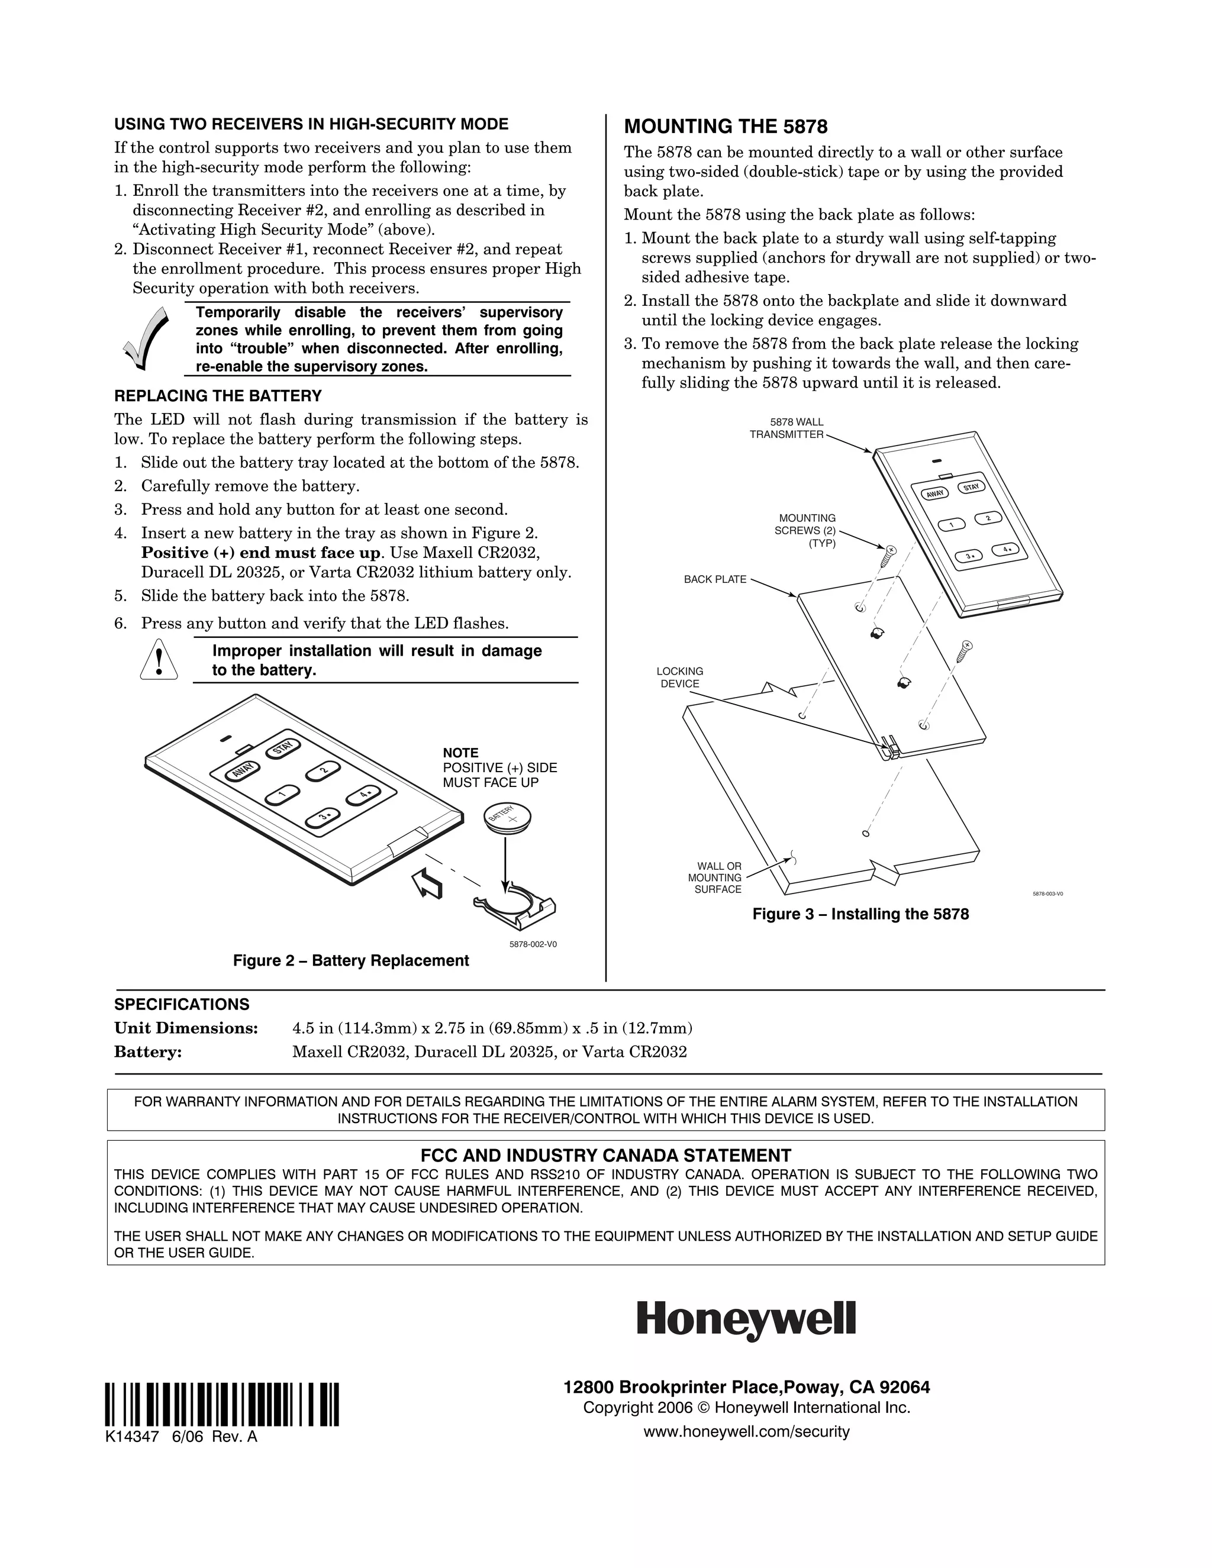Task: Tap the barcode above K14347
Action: tap(222, 1404)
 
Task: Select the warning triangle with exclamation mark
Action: tap(156, 660)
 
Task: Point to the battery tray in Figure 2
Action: tap(515, 906)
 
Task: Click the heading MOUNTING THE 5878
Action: tap(725, 127)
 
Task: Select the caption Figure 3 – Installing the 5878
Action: tap(860, 914)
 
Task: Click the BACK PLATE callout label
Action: tap(714, 579)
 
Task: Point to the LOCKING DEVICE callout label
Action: tap(679, 677)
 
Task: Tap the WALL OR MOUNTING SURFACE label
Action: tap(714, 877)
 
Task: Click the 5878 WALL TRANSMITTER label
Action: tap(787, 428)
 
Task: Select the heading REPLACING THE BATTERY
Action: tap(218, 396)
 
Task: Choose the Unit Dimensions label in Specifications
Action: tap(186, 1028)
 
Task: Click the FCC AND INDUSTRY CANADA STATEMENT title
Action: tap(605, 1155)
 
